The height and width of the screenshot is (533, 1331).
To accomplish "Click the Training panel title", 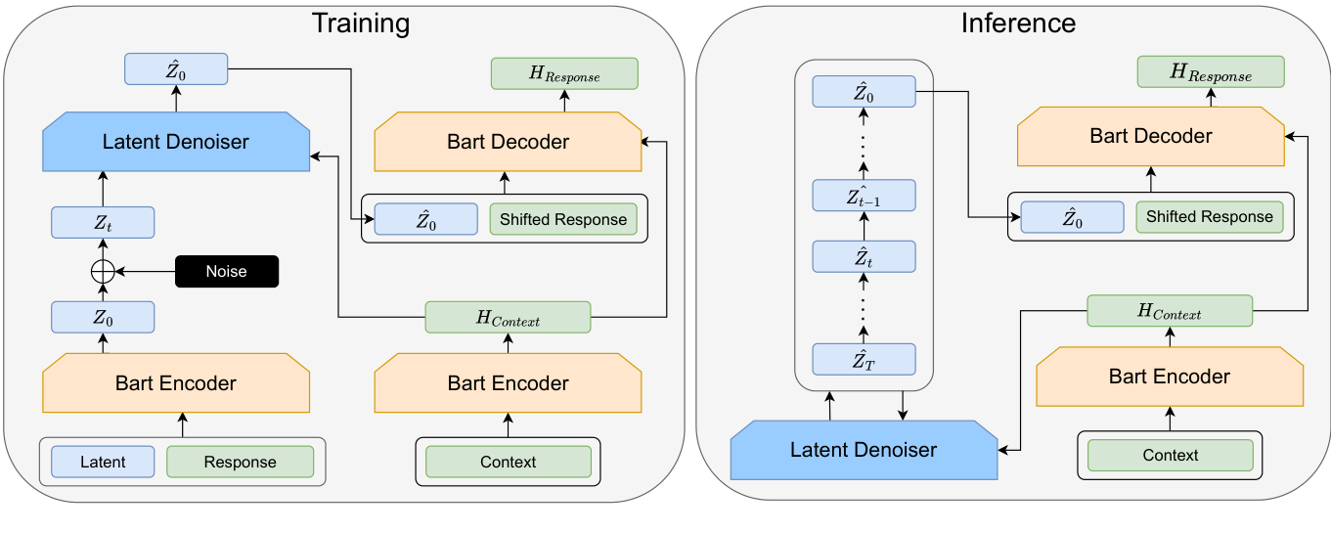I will [x=360, y=22].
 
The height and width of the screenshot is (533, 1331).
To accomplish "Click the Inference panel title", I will [x=1018, y=22].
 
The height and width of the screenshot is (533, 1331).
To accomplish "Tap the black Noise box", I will [x=227, y=272].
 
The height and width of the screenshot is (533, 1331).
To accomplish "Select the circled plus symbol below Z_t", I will [x=103, y=272].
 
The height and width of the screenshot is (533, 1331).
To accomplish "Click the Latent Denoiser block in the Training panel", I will [x=176, y=142].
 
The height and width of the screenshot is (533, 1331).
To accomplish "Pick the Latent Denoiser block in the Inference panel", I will [x=864, y=450].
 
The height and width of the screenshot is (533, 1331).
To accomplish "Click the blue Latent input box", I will [x=103, y=462].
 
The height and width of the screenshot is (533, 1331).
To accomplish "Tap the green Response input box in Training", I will [x=240, y=462].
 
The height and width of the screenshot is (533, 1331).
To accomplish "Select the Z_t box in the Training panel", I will [x=103, y=223].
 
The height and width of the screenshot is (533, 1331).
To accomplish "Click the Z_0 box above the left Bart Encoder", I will [x=103, y=317].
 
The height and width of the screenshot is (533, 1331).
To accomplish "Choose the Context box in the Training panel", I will [x=508, y=462].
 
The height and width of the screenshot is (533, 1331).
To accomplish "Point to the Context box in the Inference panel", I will [x=1170, y=455].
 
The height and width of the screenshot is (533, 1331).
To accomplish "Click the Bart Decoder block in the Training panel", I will [x=508, y=142].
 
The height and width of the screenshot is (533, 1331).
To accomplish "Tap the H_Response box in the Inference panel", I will [x=1210, y=73].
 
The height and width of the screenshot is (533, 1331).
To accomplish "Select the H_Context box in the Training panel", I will [x=508, y=318].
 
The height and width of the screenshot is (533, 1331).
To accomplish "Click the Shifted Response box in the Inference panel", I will [x=1209, y=217].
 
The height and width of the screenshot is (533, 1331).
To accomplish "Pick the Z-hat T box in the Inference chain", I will [x=864, y=360].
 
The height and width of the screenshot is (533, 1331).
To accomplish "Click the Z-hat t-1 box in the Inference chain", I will [x=864, y=197].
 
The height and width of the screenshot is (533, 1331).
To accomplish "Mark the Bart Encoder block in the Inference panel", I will [x=1170, y=377].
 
